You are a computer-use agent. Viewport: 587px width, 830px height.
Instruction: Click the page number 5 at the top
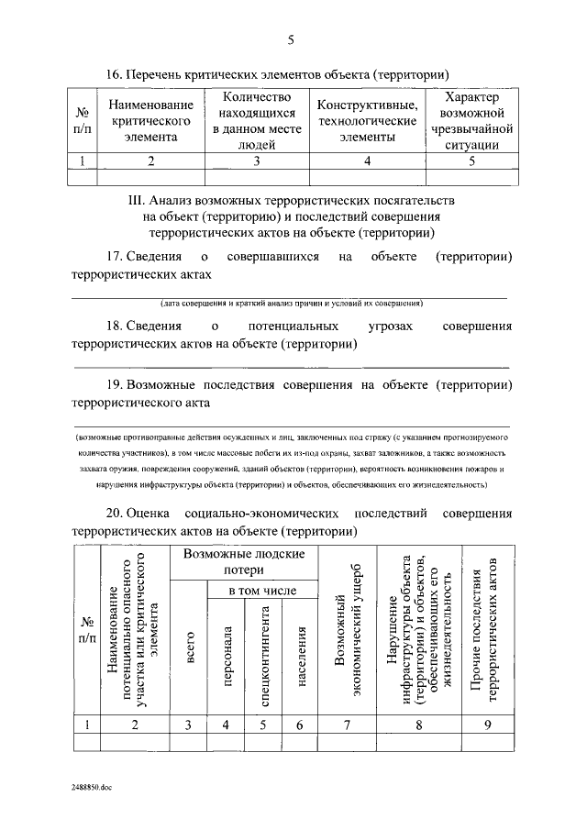pos(293,39)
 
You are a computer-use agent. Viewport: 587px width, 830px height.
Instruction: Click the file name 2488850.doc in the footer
pos(95,788)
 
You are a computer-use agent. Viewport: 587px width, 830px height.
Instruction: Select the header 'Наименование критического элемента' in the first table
pos(150,121)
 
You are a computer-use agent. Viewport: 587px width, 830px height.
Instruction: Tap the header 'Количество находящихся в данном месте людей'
pos(257,121)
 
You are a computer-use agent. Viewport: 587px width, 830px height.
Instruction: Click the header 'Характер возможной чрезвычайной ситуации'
pos(471,121)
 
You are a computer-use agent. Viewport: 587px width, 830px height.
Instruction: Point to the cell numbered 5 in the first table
pos(471,161)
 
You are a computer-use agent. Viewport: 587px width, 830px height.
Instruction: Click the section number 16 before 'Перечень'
pos(115,74)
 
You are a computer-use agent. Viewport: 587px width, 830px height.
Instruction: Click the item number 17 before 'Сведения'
pos(115,258)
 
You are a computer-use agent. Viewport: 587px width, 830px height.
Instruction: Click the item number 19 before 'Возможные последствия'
pos(115,384)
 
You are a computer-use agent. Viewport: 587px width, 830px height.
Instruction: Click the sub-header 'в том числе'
pos(262,592)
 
